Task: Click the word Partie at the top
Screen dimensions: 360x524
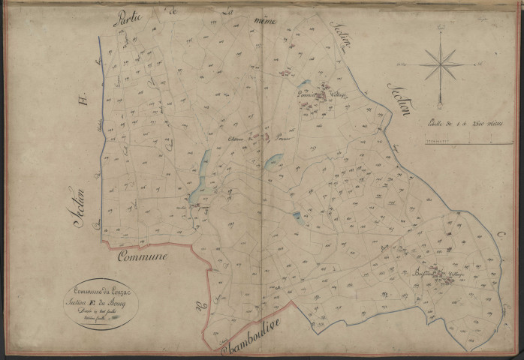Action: [128, 19]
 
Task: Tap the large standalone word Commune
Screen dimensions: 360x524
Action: [143, 256]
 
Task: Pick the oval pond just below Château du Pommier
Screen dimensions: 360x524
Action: [276, 159]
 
